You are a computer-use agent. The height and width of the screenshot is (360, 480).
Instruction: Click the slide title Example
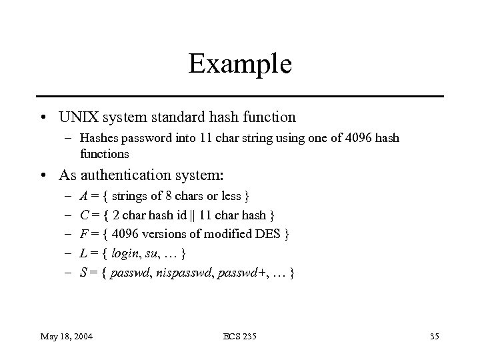[240, 64]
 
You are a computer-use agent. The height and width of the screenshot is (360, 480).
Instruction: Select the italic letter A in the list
[83, 197]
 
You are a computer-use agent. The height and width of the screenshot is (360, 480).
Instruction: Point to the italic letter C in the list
[83, 215]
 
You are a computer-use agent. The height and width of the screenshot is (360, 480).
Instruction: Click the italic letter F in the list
[83, 235]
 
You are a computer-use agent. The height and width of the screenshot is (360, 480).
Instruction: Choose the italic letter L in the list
[82, 254]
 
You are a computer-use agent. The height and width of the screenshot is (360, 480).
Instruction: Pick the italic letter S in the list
[82, 273]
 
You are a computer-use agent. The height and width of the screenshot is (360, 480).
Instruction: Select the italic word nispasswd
[182, 273]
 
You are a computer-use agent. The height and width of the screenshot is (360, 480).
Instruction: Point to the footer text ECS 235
[240, 335]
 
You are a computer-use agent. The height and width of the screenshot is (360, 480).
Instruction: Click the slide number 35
[433, 335]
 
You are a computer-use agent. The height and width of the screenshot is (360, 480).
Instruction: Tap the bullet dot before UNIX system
[43, 118]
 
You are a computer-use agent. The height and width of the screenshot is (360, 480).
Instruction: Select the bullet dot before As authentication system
[43, 176]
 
